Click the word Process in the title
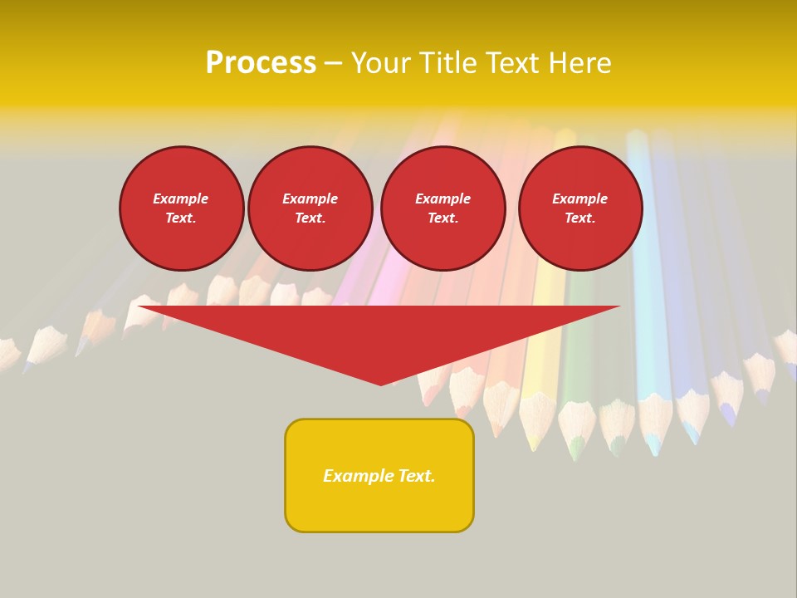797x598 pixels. (261, 63)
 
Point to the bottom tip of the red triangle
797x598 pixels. (381, 385)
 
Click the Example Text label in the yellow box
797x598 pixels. (379, 476)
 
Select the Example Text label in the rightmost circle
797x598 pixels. (579, 208)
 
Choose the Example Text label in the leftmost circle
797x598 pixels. (181, 208)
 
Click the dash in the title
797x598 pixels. (333, 64)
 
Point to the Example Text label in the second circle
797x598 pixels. (310, 208)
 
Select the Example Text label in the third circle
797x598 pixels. (443, 208)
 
